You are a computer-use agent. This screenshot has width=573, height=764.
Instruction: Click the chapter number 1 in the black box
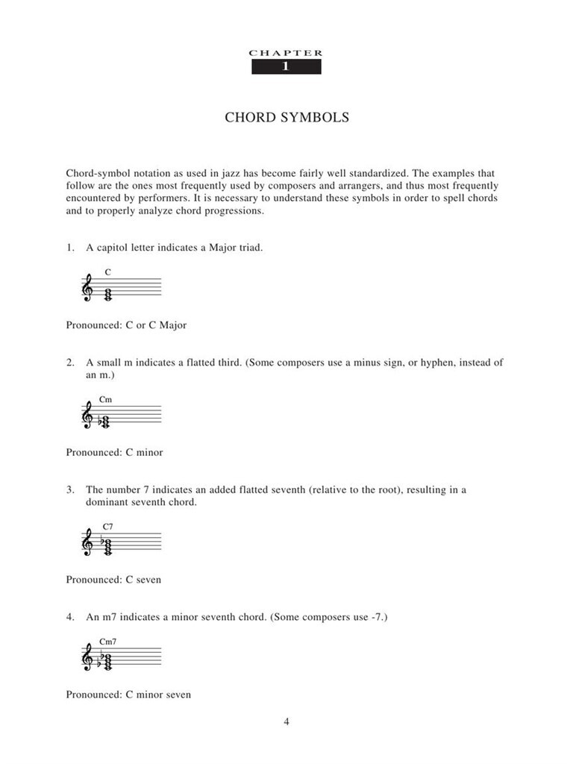286,67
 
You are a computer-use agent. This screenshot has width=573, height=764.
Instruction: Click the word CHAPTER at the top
286,53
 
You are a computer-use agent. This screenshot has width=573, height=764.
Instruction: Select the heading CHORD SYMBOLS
286,118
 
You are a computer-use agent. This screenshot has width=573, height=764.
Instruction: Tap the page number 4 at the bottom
286,721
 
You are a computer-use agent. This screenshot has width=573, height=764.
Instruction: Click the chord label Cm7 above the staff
107,642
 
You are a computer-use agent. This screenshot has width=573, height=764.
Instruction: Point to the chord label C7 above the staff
107,527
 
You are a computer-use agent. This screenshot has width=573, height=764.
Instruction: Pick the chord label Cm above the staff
105,400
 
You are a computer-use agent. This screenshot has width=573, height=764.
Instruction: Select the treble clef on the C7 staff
87,544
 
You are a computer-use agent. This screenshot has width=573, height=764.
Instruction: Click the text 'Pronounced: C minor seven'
128,695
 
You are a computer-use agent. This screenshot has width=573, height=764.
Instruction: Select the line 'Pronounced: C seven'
113,579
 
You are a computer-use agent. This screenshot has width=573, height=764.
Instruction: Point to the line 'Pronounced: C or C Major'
126,325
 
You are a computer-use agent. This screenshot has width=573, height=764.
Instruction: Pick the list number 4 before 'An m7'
69,618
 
